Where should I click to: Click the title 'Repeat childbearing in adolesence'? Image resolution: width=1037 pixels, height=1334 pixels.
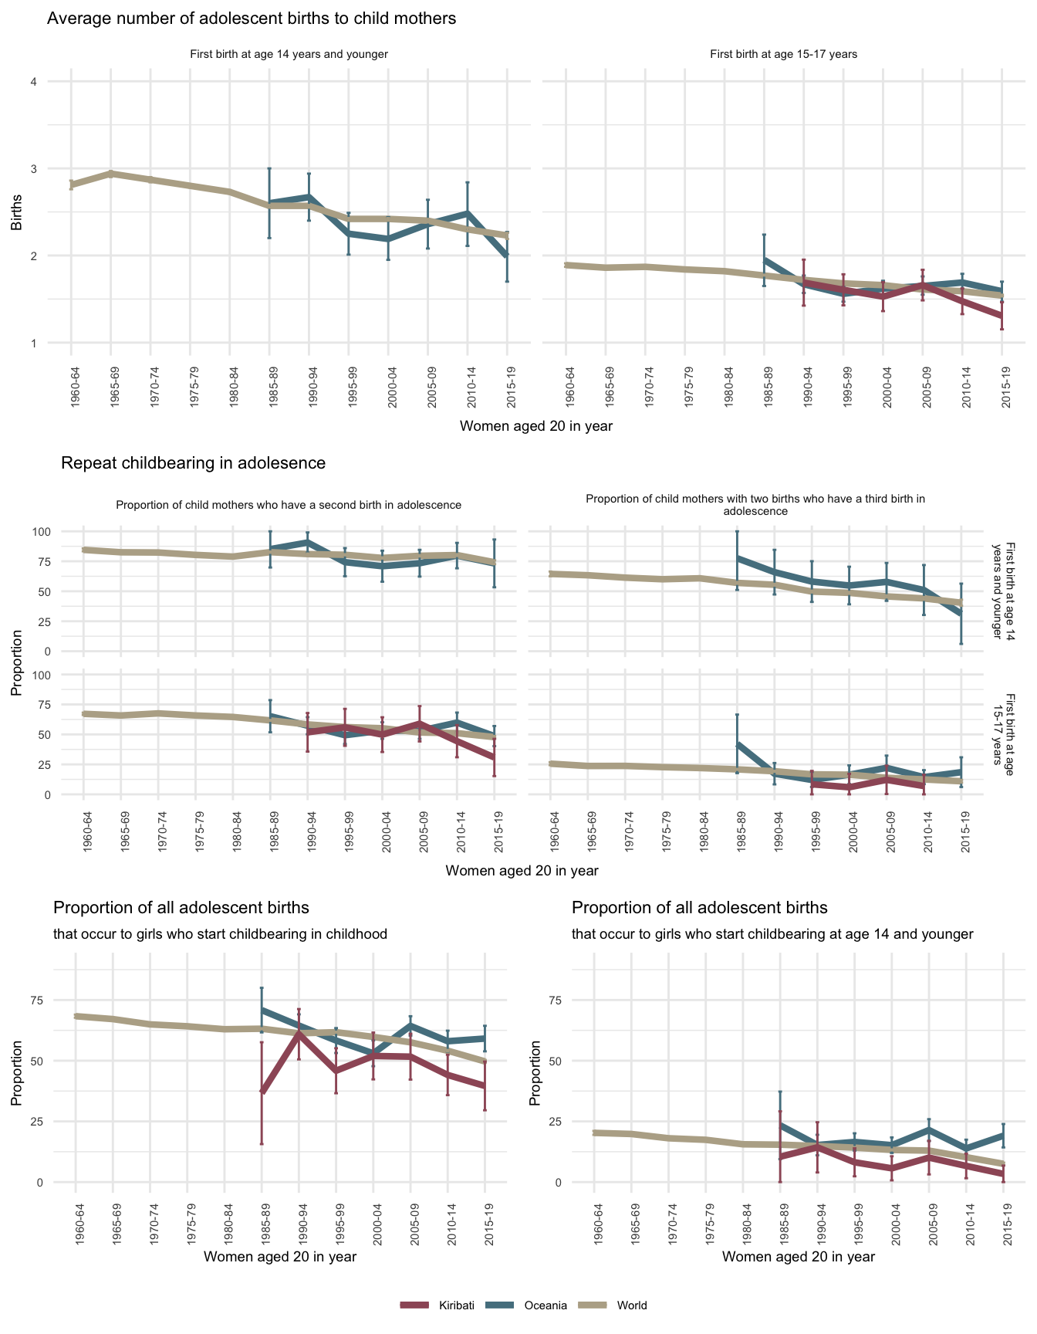coord(193,463)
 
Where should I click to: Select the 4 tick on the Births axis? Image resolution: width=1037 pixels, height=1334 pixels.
coord(33,82)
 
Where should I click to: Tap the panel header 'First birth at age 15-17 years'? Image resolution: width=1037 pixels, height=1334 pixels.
coord(783,55)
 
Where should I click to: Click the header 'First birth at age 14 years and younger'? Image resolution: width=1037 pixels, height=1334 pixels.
coord(289,55)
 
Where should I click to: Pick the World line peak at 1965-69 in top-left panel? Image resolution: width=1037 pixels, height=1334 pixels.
coord(110,174)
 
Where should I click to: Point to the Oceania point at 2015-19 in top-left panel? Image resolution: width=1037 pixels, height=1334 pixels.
coord(507,256)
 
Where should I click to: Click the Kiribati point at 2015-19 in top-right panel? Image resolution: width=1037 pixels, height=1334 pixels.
coord(1002,317)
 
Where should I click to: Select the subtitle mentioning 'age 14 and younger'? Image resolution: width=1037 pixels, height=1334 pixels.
coord(772,934)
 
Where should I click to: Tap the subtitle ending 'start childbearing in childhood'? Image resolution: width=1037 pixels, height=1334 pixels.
coord(220,934)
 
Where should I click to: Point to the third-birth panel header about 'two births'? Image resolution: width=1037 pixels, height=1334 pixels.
coord(755,505)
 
